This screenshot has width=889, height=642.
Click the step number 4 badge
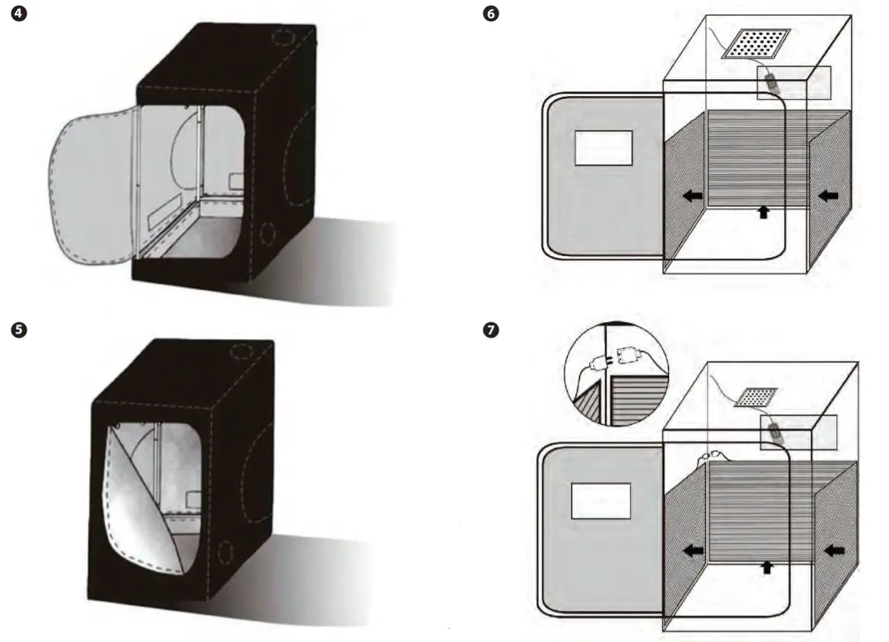click(11, 14)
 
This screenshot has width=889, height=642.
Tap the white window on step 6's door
click(604, 148)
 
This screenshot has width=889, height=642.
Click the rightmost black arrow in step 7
click(833, 548)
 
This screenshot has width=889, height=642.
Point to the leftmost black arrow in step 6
click(692, 196)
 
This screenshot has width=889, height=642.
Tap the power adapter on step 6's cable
click(772, 79)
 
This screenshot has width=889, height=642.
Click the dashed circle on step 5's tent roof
click(241, 351)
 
